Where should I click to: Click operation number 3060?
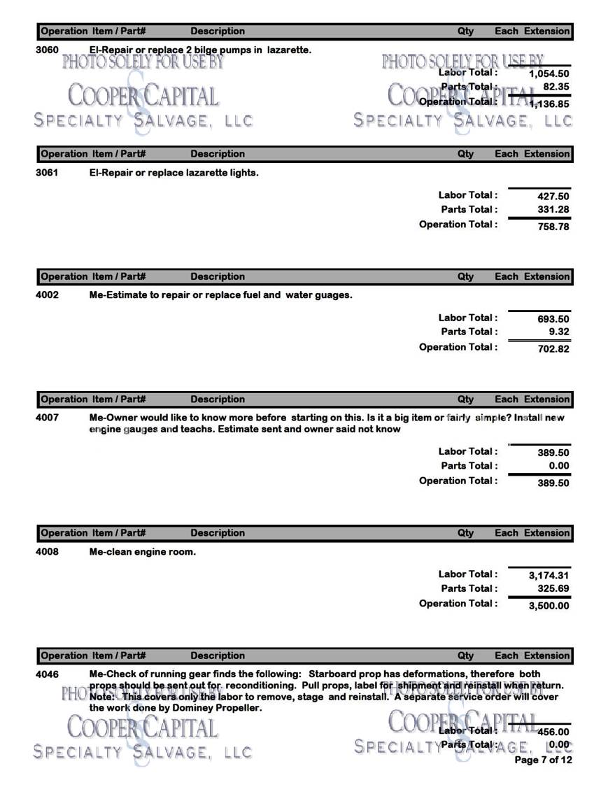click(47, 50)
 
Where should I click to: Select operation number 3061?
click(47, 172)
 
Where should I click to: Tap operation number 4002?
click(47, 295)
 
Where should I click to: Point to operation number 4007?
click(47, 418)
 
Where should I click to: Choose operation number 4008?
click(47, 552)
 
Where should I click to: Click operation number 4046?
click(47, 674)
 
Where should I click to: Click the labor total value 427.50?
click(553, 197)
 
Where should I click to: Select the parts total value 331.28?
click(553, 210)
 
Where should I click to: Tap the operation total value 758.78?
click(553, 226)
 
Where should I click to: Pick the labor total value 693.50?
click(553, 319)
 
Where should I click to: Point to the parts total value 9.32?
click(558, 332)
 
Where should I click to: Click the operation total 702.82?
click(553, 348)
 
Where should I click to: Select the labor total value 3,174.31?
click(549, 576)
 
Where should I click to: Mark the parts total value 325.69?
click(553, 589)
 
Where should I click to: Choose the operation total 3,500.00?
click(549, 605)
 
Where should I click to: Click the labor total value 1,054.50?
click(549, 73)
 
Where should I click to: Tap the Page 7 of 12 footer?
click(543, 760)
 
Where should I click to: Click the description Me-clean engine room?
click(143, 552)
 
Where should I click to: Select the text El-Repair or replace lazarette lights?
click(174, 172)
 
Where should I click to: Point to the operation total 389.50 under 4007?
click(553, 483)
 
